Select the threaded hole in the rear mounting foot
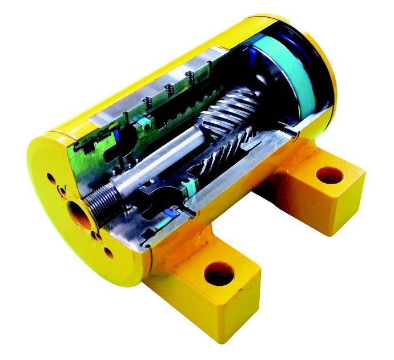[x=328, y=175]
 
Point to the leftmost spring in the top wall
[x=147, y=103]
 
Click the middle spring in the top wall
[x=169, y=88]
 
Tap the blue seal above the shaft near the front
[x=117, y=135]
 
